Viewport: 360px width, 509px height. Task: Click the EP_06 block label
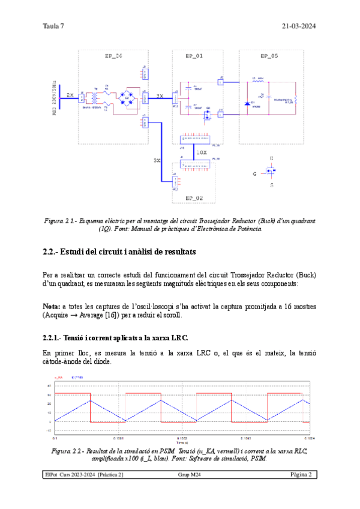[x=113, y=56]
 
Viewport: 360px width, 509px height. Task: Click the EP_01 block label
[x=194, y=56]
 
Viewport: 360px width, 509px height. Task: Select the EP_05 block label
[x=269, y=56]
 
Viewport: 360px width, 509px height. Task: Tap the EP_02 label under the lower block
[x=194, y=197]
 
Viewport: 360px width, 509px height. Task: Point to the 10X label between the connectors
[x=202, y=152]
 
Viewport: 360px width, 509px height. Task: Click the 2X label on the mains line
[x=70, y=95]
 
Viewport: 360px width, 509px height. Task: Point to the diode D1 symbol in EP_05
[x=247, y=103]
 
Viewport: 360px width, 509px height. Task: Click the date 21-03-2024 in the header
[x=299, y=26]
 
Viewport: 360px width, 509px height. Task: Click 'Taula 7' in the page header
[x=53, y=26]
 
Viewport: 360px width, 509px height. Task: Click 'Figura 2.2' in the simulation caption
[x=65, y=450]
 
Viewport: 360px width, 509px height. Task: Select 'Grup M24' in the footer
[x=187, y=475]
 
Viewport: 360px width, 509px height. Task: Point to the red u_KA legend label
[x=59, y=378]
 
